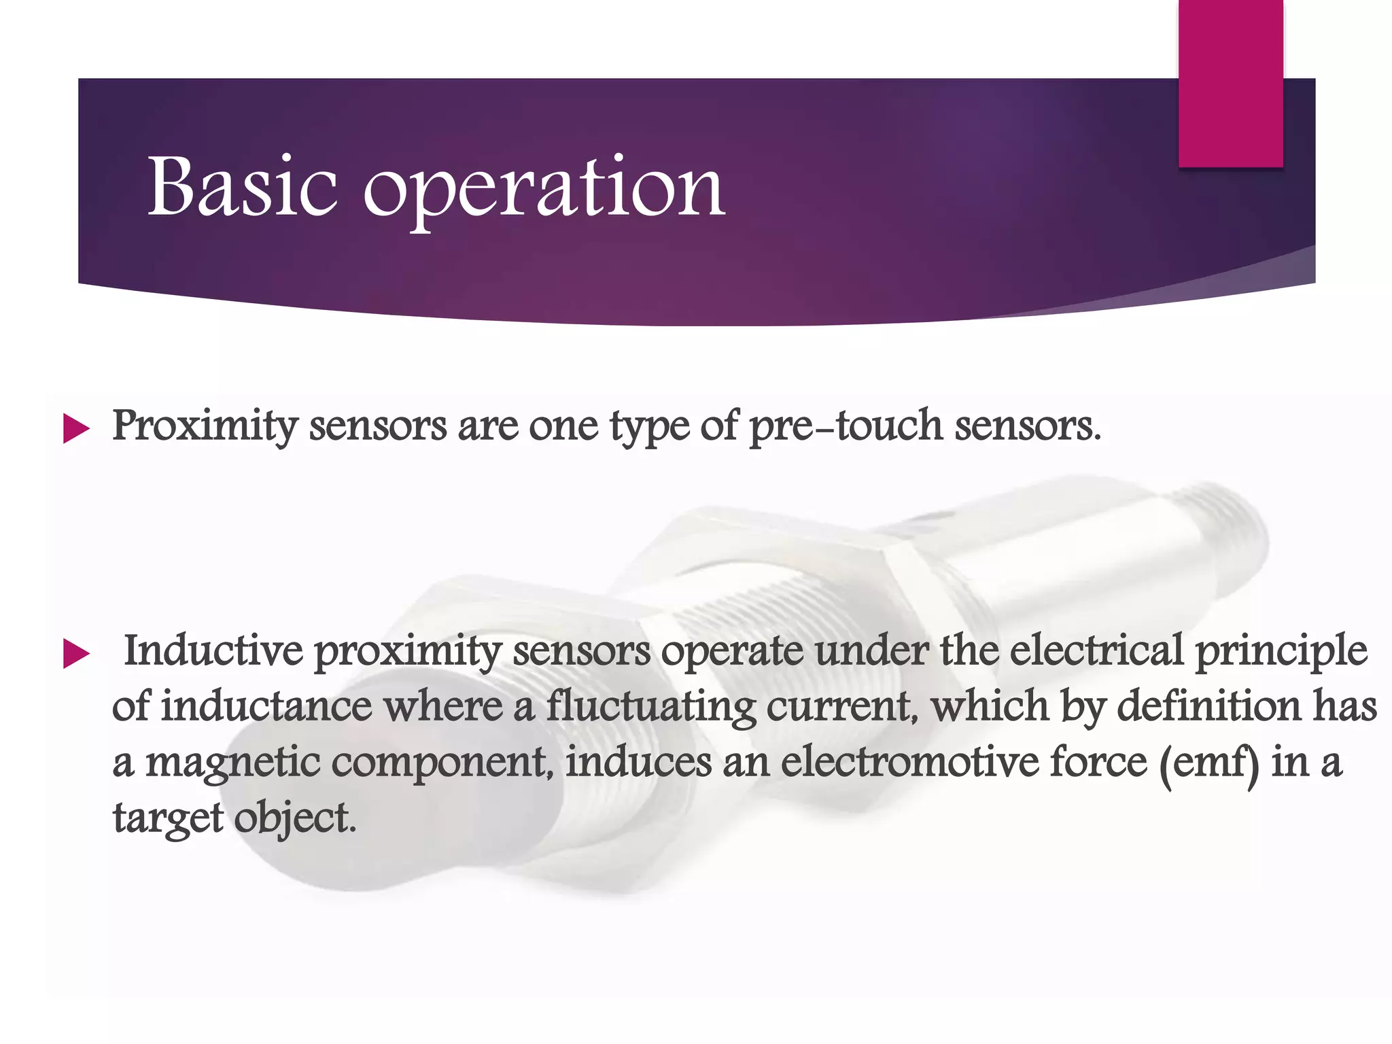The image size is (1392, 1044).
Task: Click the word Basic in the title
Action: tap(242, 186)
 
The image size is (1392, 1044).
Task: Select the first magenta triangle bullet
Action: tap(76, 430)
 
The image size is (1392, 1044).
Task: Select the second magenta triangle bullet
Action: tap(76, 655)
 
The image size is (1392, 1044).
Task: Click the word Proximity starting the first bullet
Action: tap(205, 427)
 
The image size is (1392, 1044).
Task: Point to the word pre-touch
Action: tap(846, 427)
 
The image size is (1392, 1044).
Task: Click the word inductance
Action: tap(266, 706)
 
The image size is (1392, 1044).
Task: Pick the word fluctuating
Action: tap(650, 708)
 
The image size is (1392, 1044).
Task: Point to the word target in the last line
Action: tap(168, 818)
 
